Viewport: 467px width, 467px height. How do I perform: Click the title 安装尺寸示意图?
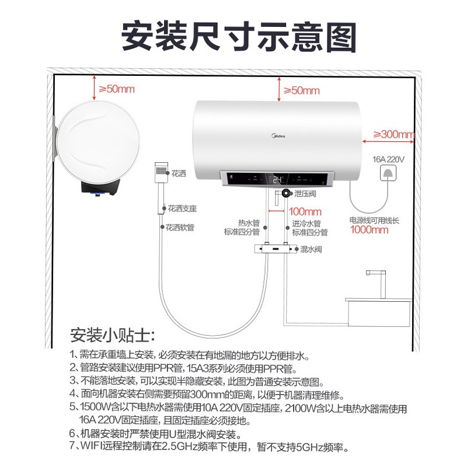click(x=239, y=37)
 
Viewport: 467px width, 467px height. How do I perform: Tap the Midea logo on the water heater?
click(x=278, y=136)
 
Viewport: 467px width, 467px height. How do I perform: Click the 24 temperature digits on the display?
click(x=278, y=180)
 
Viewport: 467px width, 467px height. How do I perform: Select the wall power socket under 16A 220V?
click(x=388, y=172)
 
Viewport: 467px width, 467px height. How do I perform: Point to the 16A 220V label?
click(x=388, y=159)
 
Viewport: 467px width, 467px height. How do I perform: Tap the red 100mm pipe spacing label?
click(x=305, y=211)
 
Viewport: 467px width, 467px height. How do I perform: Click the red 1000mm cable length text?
click(x=370, y=229)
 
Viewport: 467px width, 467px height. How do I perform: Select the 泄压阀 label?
click(x=305, y=194)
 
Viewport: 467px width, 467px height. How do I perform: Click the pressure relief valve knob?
click(x=286, y=193)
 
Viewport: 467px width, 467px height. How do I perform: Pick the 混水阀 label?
click(x=311, y=249)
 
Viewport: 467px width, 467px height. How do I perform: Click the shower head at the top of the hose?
click(x=161, y=170)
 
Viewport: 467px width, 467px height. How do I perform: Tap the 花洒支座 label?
click(x=182, y=208)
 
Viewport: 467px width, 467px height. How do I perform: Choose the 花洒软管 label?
click(x=180, y=228)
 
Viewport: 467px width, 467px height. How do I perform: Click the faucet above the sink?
click(x=378, y=283)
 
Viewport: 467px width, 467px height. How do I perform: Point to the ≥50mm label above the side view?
click(x=116, y=89)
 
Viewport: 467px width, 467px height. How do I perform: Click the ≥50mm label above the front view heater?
click(x=301, y=90)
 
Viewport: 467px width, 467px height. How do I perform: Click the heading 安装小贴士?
click(x=112, y=334)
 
